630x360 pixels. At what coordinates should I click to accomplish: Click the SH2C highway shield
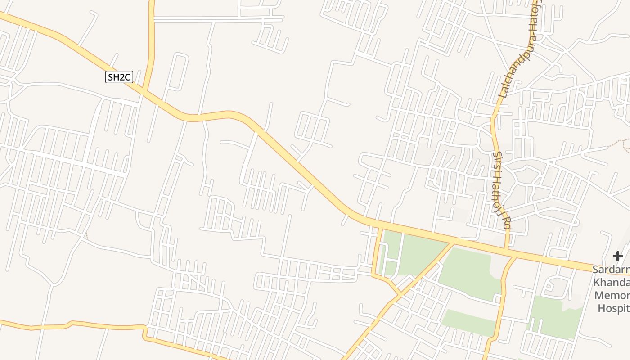pos(119,77)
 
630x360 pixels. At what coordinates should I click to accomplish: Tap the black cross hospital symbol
pos(618,256)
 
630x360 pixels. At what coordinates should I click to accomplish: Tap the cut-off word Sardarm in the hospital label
pos(611,270)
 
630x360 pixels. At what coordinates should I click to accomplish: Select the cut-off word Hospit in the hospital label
pos(613,308)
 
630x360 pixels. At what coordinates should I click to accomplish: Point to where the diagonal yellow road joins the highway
pos(454,243)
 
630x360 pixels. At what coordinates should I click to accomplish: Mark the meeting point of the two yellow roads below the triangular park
pos(399,294)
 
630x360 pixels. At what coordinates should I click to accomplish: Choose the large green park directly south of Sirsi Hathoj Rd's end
pos(468,270)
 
